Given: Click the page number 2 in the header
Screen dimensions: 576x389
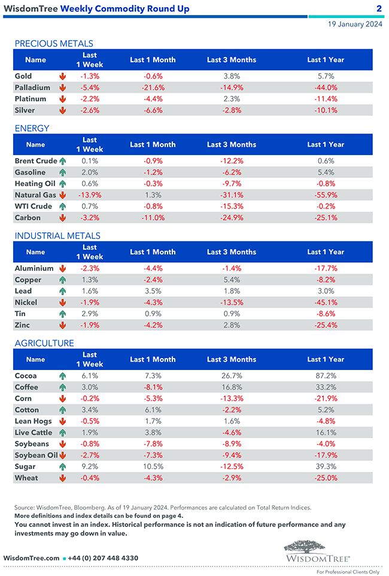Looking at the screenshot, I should click(x=379, y=8).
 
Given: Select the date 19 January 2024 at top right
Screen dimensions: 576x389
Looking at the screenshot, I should click(x=355, y=25).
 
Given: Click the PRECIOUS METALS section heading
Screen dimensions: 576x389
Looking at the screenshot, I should click(x=54, y=44).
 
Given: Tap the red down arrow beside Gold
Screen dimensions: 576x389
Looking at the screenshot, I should click(x=62, y=77).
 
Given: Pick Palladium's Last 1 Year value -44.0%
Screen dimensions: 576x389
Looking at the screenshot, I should click(x=326, y=87).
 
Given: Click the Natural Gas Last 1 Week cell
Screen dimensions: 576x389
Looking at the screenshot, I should click(x=90, y=195).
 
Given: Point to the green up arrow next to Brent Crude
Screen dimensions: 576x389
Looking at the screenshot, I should click(x=62, y=161).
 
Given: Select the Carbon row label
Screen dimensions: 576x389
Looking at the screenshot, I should click(x=28, y=218).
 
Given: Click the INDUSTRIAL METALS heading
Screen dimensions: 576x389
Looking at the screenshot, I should click(x=57, y=236).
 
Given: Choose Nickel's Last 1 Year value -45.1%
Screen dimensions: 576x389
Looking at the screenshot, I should click(x=326, y=303).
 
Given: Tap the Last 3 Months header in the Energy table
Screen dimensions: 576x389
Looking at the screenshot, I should click(x=231, y=145).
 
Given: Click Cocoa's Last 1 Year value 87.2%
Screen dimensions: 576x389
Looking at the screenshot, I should click(x=326, y=376).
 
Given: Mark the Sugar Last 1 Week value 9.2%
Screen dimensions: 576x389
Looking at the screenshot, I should click(x=90, y=467).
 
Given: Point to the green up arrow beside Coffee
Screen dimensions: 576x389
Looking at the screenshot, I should click(x=62, y=387).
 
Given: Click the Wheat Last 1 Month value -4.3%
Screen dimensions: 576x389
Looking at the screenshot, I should click(x=153, y=478).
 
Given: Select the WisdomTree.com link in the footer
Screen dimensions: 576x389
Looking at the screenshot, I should click(x=31, y=558).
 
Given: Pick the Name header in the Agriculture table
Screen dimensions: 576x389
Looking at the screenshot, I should click(x=35, y=360).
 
